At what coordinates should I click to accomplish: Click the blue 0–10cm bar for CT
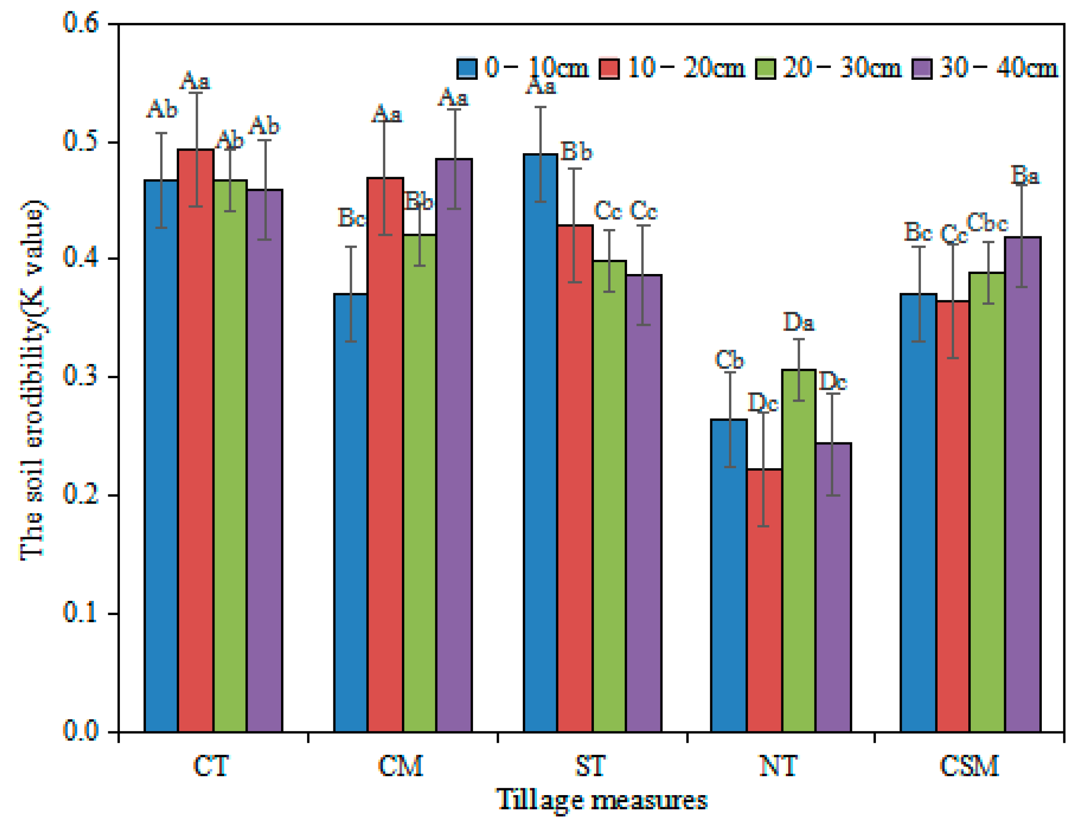(161, 455)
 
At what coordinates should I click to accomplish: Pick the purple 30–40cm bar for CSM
(1022, 484)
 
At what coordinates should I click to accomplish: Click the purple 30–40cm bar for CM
(454, 445)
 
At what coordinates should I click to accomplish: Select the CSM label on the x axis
(969, 766)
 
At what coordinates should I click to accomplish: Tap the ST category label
(590, 766)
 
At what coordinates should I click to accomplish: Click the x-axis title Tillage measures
(602, 800)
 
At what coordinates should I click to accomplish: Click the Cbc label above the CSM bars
(987, 223)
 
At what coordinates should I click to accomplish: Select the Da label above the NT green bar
(798, 322)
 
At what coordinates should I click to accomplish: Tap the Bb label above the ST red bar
(576, 152)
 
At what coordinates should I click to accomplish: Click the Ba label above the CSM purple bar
(1025, 175)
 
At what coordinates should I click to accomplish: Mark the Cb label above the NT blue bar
(729, 360)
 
